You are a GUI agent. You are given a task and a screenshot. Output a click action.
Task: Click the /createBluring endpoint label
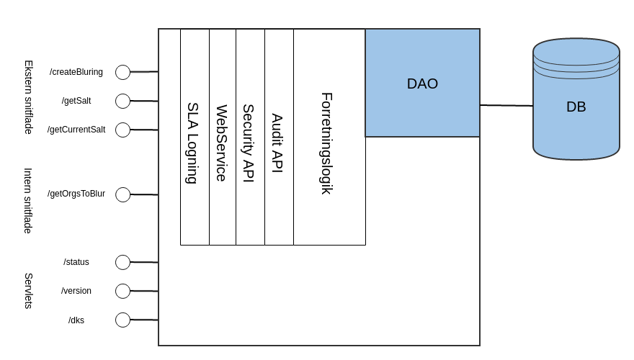76,72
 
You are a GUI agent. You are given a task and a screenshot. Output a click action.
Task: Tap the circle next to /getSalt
122,101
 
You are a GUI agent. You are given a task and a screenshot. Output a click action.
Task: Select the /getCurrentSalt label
76,130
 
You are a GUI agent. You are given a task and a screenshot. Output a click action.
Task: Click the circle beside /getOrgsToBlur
122,194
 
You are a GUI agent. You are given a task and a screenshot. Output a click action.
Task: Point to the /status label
76,262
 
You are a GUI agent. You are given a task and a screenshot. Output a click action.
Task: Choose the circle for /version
122,291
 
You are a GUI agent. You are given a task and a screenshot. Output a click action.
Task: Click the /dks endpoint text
76,320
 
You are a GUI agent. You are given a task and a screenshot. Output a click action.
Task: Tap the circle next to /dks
122,320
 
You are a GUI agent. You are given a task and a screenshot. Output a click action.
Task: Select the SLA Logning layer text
192,143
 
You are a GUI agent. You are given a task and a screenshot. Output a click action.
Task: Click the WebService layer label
222,143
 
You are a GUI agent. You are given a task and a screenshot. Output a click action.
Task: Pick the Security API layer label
249,143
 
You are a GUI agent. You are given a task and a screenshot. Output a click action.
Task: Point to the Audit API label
277,143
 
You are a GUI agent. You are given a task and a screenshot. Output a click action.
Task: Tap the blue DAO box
422,84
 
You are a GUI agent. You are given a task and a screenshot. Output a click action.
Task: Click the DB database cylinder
576,107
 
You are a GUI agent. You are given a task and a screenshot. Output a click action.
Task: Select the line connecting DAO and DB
506,106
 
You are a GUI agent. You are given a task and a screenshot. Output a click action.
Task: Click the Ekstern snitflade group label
29,96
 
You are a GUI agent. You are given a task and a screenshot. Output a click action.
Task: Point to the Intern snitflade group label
29,200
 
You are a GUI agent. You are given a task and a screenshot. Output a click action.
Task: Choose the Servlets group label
29,291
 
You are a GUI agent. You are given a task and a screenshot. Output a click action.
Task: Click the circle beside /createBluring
122,72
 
